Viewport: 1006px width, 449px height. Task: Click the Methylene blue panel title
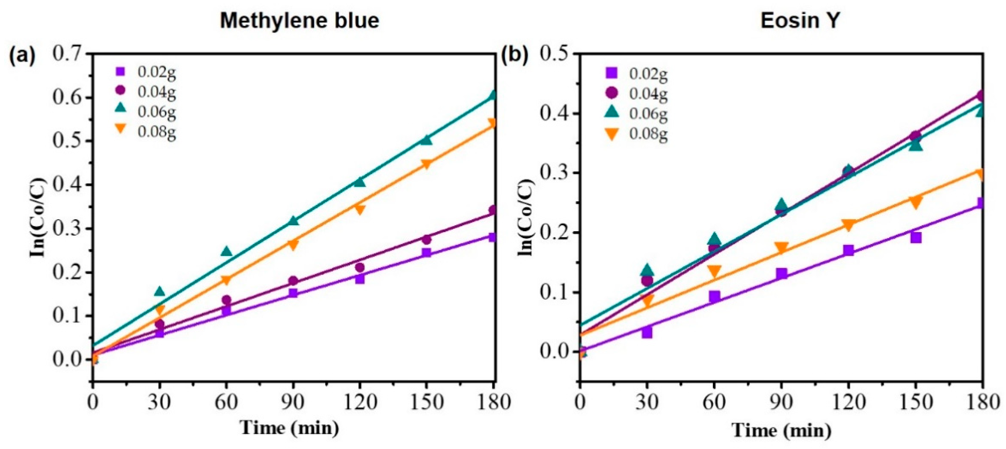300,20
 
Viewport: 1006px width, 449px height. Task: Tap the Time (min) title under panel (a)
290,428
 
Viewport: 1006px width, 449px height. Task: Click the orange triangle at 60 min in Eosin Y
714,271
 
